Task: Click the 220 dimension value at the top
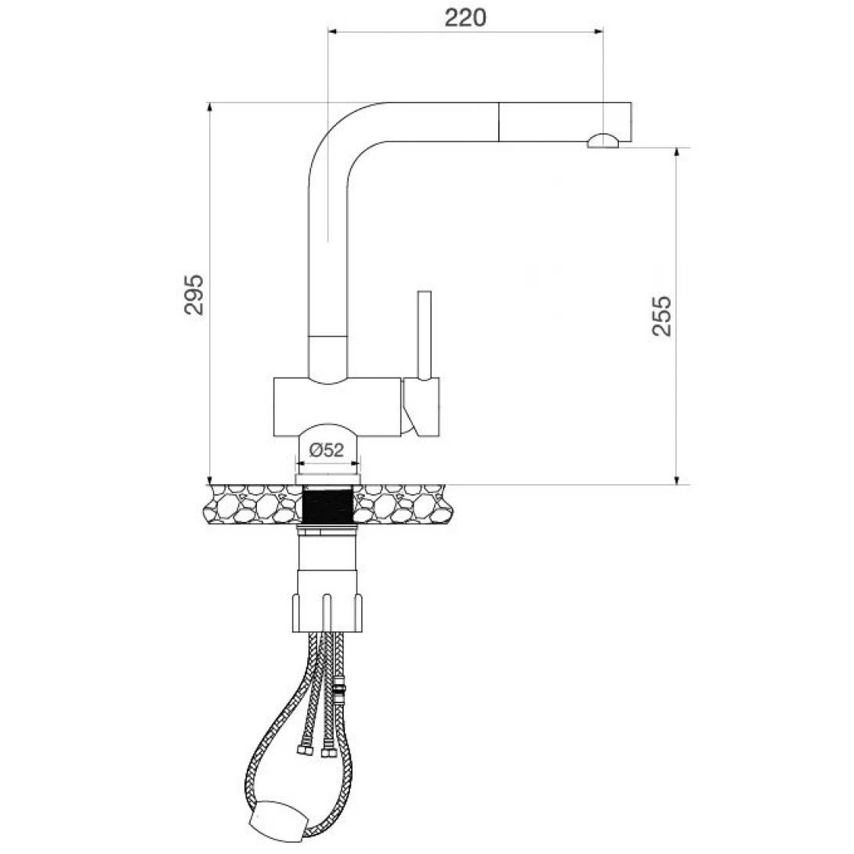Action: (465, 16)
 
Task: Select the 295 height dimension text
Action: (194, 294)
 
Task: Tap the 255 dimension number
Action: (662, 315)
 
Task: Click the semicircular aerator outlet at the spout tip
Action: (603, 141)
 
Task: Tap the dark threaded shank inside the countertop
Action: (328, 505)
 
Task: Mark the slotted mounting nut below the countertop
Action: (328, 611)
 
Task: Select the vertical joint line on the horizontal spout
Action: (498, 121)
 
